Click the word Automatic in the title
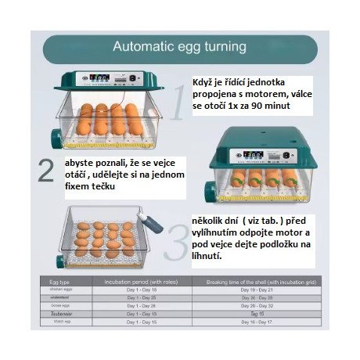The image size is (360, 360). click(146, 46)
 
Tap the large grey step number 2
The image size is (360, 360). click(48, 171)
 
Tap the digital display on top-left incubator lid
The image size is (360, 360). click(102, 78)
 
